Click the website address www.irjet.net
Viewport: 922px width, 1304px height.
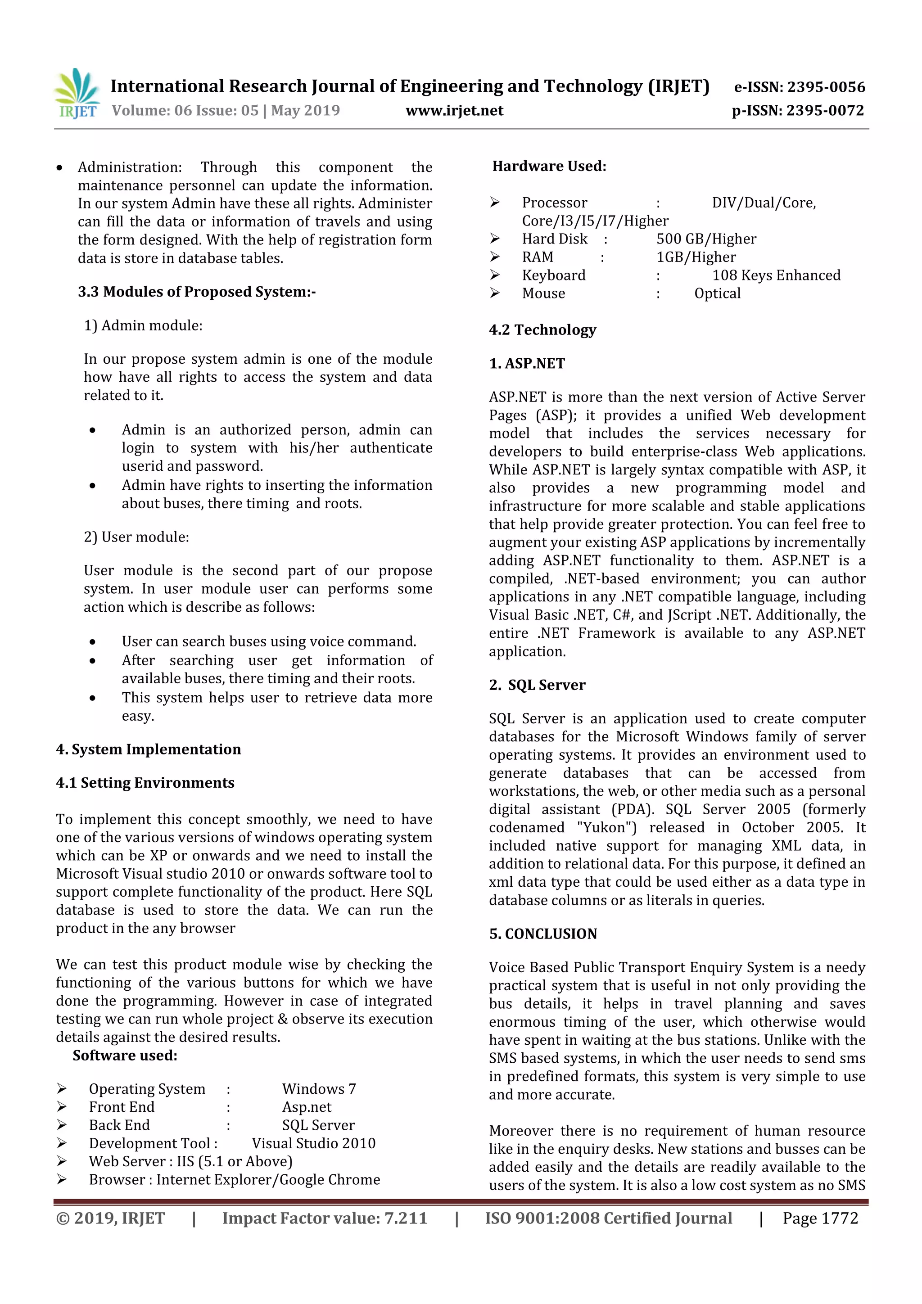(454, 111)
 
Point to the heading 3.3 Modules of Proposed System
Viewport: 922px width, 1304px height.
(197, 292)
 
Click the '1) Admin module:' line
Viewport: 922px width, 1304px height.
(143, 325)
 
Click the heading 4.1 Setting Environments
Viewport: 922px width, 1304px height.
(145, 783)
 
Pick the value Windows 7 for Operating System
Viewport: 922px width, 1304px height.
(319, 1089)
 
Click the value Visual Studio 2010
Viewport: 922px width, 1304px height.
(314, 1144)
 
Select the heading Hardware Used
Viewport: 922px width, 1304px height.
(549, 167)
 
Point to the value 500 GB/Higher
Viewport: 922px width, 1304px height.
(706, 239)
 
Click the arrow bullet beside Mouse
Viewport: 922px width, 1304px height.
(495, 293)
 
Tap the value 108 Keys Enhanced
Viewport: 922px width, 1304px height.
(776, 275)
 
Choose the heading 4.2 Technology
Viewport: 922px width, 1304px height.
(542, 330)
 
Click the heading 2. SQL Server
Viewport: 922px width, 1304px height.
(537, 686)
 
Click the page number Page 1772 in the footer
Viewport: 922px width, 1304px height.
(820, 1218)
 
